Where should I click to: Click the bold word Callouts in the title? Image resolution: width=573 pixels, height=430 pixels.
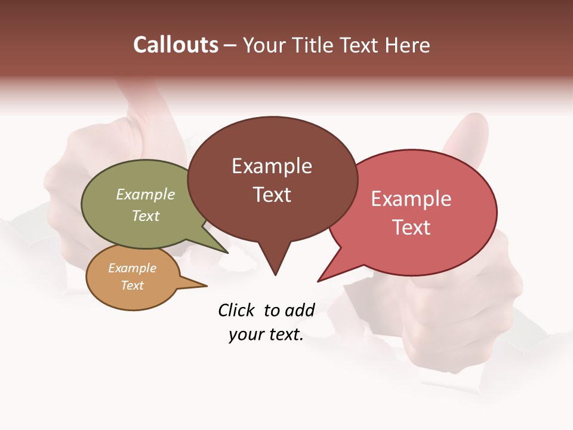pos(175,45)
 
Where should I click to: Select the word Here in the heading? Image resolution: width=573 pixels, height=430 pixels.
pos(405,45)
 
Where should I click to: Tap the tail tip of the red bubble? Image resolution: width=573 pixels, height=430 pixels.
pos(319,280)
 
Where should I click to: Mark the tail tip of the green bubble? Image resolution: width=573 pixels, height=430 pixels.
pos(227,252)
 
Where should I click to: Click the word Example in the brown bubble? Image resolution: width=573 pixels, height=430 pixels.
pos(272,166)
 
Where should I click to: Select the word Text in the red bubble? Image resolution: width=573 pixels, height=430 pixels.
pos(411,227)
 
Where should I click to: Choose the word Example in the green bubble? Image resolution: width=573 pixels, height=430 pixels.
pos(146,194)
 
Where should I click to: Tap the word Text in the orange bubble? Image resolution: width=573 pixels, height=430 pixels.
pos(133,285)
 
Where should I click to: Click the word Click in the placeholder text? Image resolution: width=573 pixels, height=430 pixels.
pos(237,310)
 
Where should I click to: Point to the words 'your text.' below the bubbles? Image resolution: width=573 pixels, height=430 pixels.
pos(266,335)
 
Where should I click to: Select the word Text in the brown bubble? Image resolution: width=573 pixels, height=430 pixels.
pos(272,195)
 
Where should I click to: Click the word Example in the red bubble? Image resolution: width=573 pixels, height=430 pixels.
pos(411,198)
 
